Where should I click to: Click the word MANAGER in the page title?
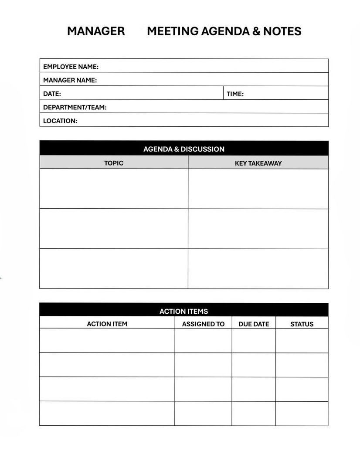tap(96, 31)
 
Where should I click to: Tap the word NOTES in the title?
tap(282, 31)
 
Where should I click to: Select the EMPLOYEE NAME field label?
tap(71, 67)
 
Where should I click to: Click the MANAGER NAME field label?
tap(70, 80)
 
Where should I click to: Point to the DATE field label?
tap(52, 94)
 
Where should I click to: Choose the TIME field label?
tap(235, 94)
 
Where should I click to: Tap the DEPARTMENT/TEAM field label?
tap(75, 107)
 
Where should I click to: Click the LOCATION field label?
tap(60, 121)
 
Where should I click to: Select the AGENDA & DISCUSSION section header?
tap(183, 149)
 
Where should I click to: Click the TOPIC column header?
tap(114, 163)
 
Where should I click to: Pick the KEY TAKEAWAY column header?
tap(258, 163)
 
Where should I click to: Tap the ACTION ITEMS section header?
tap(183, 311)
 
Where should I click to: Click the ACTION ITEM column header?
tap(107, 324)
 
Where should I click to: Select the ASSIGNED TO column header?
tap(203, 324)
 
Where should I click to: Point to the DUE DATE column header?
tap(254, 324)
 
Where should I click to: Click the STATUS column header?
tap(302, 324)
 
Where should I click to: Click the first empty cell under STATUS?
tap(302, 340)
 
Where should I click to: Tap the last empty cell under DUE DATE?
tap(254, 413)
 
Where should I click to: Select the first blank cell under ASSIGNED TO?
tap(203, 340)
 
